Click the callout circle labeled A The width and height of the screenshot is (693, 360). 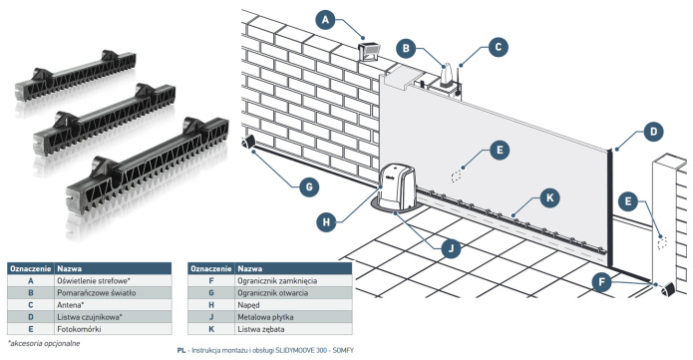pyautogui.click(x=326, y=20)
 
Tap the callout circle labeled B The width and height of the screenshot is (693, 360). pyautogui.click(x=406, y=48)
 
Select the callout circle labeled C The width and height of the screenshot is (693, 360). pyautogui.click(x=499, y=47)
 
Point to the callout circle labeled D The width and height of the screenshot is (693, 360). pyautogui.click(x=654, y=132)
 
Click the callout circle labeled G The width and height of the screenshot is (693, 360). pyautogui.click(x=309, y=187)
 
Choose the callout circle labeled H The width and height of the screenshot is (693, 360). pyautogui.click(x=326, y=221)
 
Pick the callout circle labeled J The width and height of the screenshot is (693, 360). pyautogui.click(x=451, y=249)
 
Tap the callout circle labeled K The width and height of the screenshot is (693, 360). pyautogui.click(x=549, y=197)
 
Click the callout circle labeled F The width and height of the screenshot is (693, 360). pyautogui.click(x=601, y=282)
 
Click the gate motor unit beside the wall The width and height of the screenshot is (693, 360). pyautogui.click(x=397, y=185)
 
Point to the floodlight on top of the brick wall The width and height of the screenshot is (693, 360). pyautogui.click(x=370, y=51)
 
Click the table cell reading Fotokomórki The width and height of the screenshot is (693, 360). pyautogui.click(x=114, y=329)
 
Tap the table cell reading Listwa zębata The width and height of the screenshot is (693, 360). pyautogui.click(x=293, y=329)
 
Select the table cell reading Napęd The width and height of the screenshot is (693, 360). pyautogui.click(x=293, y=305)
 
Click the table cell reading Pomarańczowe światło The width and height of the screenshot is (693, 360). pyautogui.click(x=114, y=293)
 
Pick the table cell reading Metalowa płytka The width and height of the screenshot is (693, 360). pyautogui.click(x=293, y=317)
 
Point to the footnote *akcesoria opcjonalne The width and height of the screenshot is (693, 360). pyautogui.click(x=44, y=343)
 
